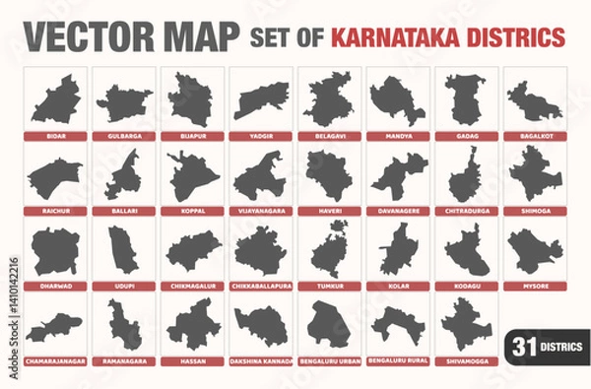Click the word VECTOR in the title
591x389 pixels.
pos(75,36)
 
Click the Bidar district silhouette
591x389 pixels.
pos(55,100)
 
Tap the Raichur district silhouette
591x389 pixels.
pos(55,177)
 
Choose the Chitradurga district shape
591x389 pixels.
pos(465,177)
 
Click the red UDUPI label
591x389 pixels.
pos(123,287)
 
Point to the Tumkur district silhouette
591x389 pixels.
pos(329,250)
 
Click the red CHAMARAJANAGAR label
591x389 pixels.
pos(55,361)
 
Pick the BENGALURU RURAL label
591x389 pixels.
pos(397,361)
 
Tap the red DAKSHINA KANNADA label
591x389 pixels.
pos(260,361)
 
